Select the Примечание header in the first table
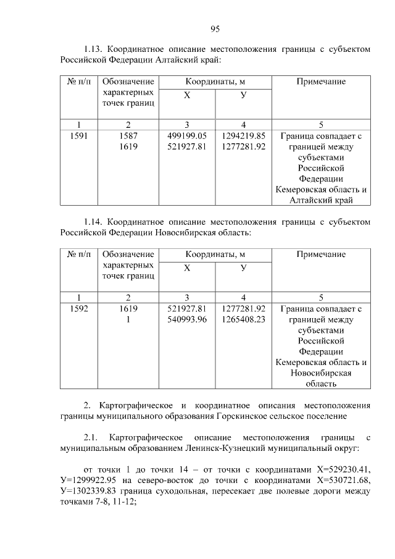click(x=321, y=82)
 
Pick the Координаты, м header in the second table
click(x=215, y=254)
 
